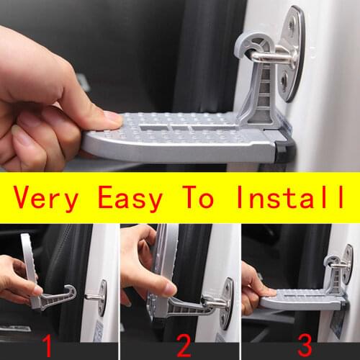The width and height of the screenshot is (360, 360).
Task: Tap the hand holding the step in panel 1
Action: click(x=18, y=277)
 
